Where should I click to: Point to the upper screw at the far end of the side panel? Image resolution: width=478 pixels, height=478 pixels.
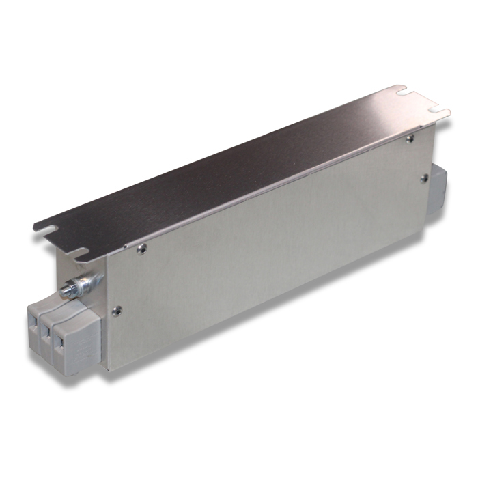409,139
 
